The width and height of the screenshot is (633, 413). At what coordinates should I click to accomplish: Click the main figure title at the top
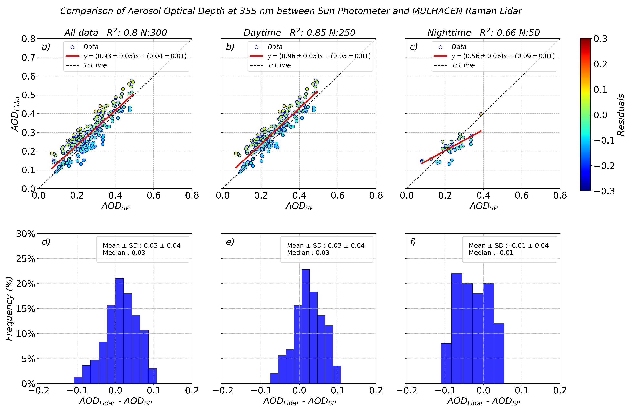[x=291, y=11]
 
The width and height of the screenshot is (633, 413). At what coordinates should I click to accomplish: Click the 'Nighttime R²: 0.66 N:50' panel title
[x=483, y=33]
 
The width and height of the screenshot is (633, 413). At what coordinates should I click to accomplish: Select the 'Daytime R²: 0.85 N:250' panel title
[x=299, y=33]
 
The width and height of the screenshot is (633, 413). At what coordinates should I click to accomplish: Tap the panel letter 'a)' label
[x=46, y=47]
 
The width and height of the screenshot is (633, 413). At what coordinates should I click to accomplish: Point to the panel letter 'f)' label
[x=413, y=242]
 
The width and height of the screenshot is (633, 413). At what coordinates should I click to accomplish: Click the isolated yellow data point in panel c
[x=481, y=114]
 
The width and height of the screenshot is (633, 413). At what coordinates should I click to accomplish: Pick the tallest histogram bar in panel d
[x=119, y=331]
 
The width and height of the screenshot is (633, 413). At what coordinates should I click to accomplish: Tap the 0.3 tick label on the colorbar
[x=600, y=39]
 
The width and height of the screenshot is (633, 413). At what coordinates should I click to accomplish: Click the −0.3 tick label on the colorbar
[x=604, y=191]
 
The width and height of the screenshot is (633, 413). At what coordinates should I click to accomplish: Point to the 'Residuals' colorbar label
[x=621, y=115]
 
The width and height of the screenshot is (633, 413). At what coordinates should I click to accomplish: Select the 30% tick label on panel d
[x=26, y=234]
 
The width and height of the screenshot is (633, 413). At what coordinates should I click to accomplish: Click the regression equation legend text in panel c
[x=503, y=56]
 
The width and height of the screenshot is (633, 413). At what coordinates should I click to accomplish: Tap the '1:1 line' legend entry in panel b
[x=279, y=65]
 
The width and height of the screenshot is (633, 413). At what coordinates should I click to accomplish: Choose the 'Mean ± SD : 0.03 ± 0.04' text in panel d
[x=141, y=245]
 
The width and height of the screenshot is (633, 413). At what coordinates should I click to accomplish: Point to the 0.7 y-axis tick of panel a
[x=28, y=57]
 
